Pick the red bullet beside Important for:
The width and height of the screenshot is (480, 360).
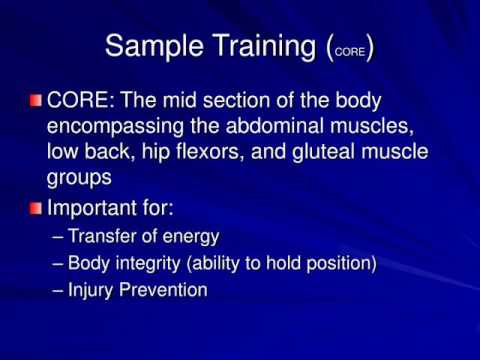pyautogui.click(x=36, y=211)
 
